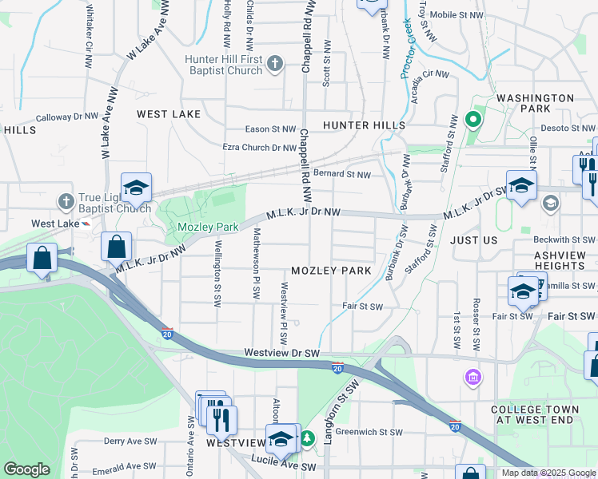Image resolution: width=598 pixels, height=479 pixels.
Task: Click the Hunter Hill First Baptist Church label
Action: (x=223, y=65)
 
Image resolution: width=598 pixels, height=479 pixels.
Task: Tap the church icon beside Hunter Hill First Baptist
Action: (x=274, y=64)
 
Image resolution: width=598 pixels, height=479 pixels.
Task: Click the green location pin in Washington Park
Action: (x=472, y=121)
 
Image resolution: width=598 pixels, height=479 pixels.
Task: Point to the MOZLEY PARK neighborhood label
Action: (x=331, y=271)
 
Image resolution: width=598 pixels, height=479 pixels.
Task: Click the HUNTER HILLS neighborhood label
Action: (x=364, y=125)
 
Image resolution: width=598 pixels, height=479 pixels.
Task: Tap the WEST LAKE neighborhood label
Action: (x=169, y=114)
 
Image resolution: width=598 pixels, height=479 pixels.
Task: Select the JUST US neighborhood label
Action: (x=474, y=239)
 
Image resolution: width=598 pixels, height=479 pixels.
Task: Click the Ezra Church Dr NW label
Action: (x=260, y=148)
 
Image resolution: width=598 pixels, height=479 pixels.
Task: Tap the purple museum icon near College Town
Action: (x=472, y=376)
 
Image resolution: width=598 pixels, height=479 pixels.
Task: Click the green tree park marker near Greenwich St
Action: (x=307, y=438)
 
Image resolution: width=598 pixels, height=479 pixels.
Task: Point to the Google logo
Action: (x=26, y=469)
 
